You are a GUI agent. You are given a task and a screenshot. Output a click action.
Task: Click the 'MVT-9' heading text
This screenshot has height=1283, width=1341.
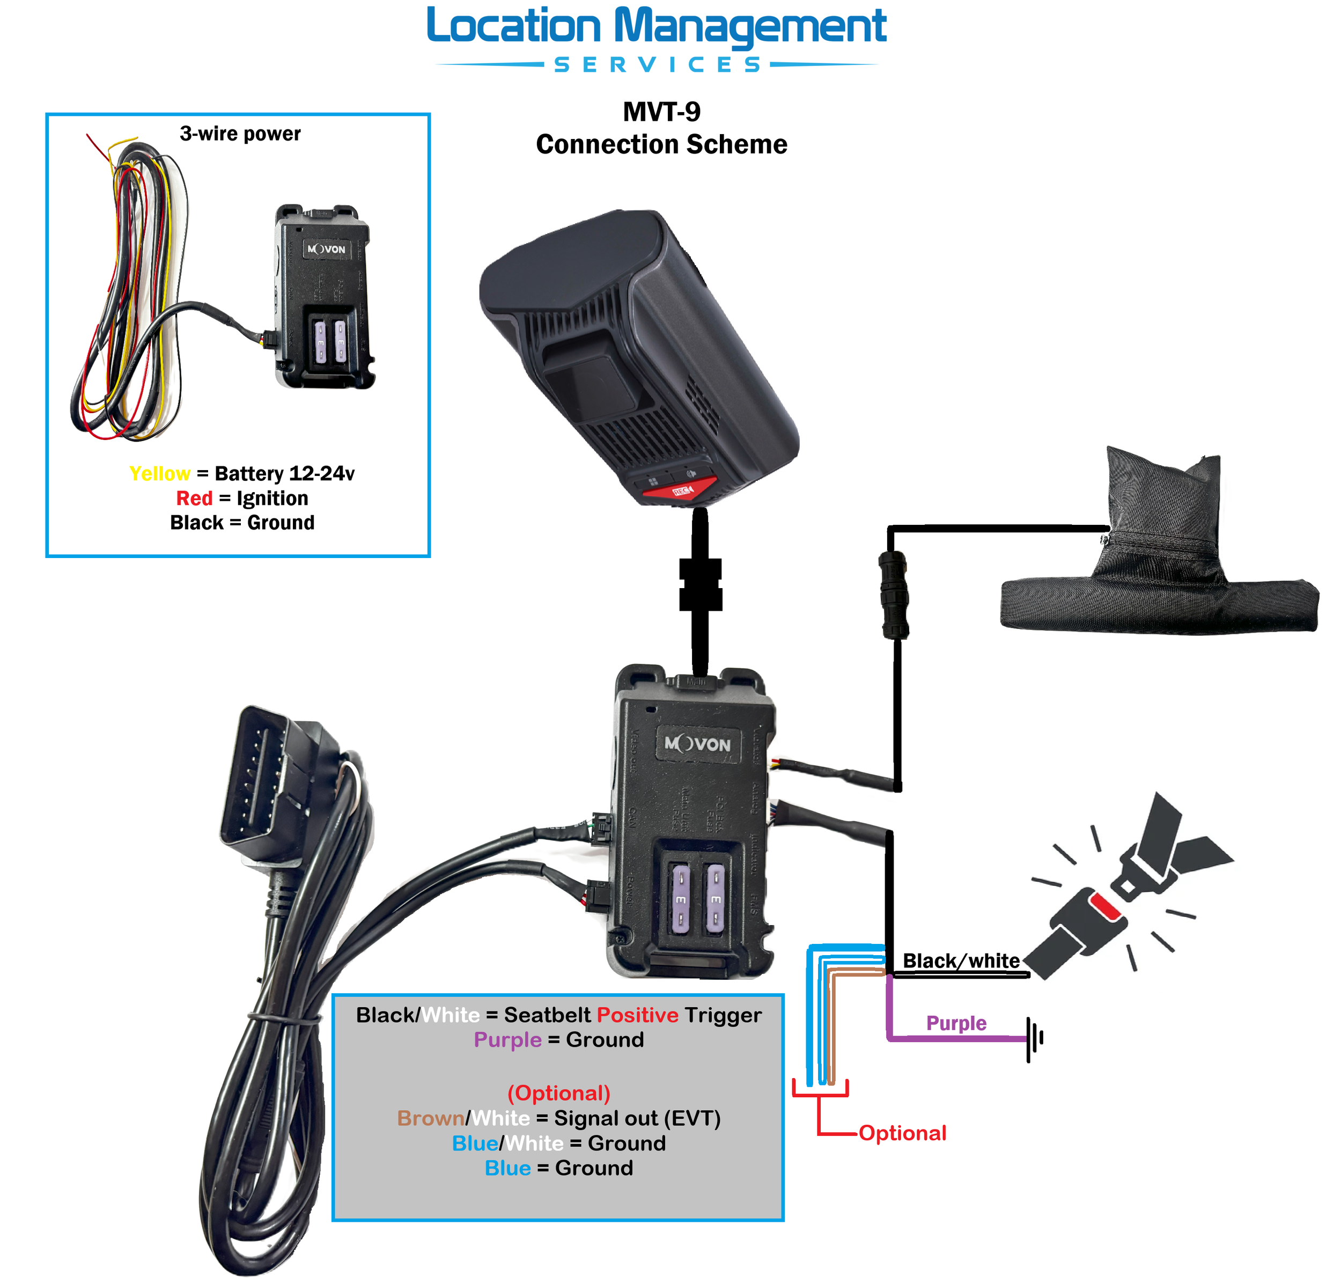click(661, 112)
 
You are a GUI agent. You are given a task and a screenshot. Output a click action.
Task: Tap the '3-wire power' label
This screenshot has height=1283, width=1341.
click(240, 134)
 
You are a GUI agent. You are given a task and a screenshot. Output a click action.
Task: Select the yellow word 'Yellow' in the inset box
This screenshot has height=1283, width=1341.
click(159, 473)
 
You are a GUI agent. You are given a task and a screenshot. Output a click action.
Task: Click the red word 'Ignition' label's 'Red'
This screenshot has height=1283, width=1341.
click(194, 498)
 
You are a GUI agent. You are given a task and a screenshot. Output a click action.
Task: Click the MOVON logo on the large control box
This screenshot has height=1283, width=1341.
click(697, 744)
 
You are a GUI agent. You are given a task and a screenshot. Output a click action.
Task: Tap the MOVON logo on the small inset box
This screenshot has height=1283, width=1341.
click(326, 249)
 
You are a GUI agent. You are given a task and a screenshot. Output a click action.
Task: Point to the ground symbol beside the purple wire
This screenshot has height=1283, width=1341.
click(1034, 1039)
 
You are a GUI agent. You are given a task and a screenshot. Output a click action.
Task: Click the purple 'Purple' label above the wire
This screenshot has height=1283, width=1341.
click(955, 1023)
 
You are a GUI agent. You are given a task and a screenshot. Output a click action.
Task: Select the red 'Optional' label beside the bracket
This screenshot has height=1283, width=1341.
click(902, 1133)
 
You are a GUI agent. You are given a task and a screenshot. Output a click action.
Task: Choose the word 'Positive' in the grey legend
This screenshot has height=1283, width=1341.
click(637, 1015)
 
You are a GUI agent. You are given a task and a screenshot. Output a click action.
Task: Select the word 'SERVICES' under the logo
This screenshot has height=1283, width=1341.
click(656, 65)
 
